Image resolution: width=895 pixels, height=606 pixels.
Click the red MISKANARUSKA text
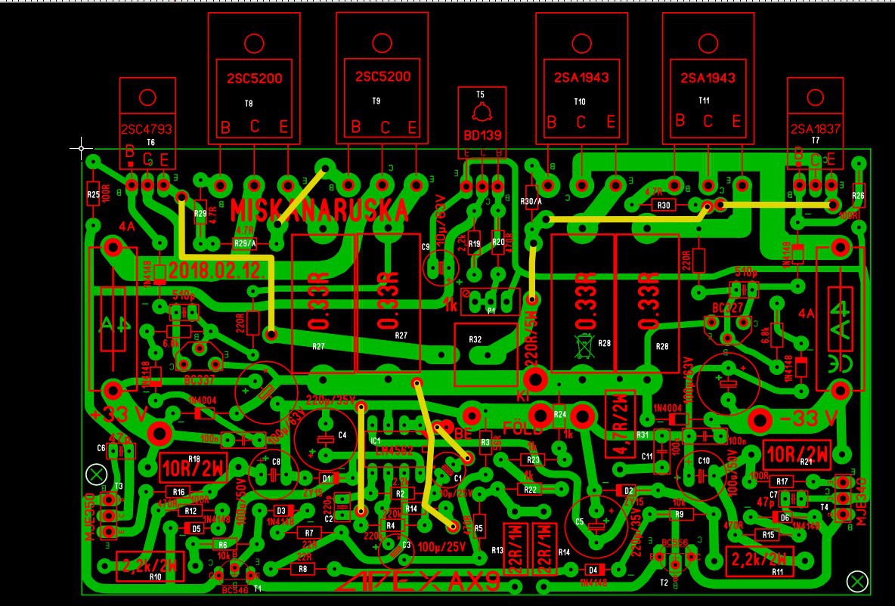pyautogui.click(x=319, y=211)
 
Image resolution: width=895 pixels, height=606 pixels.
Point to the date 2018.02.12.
pyautogui.click(x=216, y=270)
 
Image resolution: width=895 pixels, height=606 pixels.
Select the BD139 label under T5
pyautogui.click(x=481, y=137)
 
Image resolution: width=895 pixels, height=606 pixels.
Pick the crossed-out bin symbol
pyautogui.click(x=584, y=345)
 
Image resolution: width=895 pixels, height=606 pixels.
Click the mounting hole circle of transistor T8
pyautogui.click(x=254, y=42)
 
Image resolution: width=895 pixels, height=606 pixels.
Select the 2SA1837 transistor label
pyautogui.click(x=815, y=129)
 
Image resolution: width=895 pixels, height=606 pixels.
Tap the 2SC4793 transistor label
pyautogui.click(x=147, y=129)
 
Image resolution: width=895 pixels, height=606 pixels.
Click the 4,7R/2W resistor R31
pyautogui.click(x=620, y=424)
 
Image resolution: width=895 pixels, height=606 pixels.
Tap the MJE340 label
pyautogui.click(x=859, y=502)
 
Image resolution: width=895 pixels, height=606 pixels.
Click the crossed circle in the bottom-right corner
pyautogui.click(x=857, y=580)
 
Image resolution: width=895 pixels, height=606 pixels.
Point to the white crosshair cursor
pyautogui.click(x=82, y=148)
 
